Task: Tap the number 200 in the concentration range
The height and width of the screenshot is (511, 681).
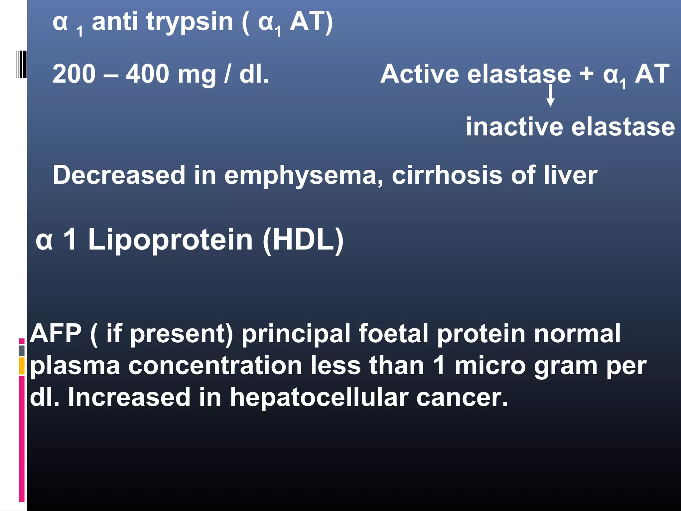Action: pyautogui.click(x=74, y=74)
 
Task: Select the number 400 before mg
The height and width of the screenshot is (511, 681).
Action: pyautogui.click(x=148, y=74)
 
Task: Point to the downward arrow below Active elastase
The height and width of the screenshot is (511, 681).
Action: pyautogui.click(x=550, y=96)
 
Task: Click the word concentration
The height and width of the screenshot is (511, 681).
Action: pyautogui.click(x=215, y=366)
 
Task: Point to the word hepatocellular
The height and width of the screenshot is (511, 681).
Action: pyautogui.click(x=319, y=397)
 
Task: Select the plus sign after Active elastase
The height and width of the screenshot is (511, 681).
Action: pyautogui.click(x=587, y=74)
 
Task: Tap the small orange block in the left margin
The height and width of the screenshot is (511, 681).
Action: pyautogui.click(x=22, y=366)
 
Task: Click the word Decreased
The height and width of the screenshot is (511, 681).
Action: pyautogui.click(x=119, y=175)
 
